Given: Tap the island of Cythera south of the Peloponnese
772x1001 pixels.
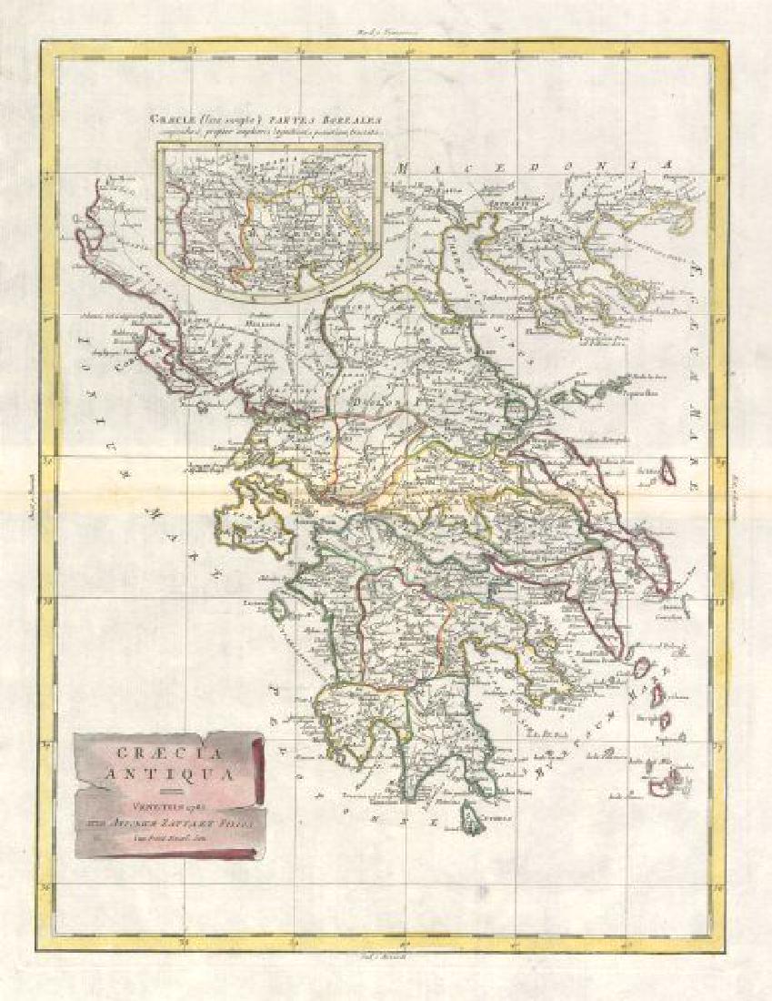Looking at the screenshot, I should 473,813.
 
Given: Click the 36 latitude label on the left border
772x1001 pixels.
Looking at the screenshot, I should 48,884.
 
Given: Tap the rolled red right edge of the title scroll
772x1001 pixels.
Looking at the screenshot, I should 257,764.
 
